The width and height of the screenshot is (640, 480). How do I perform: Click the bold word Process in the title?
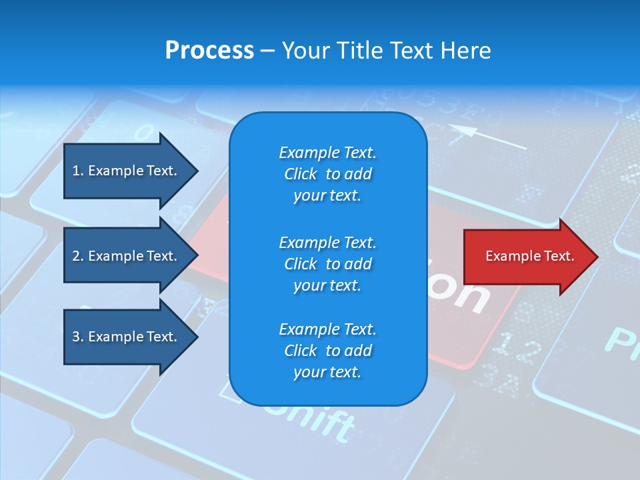[209, 51]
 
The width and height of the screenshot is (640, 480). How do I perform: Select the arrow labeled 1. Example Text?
[127, 171]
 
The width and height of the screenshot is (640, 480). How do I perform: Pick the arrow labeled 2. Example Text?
[127, 256]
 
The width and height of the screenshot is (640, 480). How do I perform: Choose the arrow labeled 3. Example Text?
[127, 337]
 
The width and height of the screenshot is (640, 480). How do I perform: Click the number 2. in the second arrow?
[78, 256]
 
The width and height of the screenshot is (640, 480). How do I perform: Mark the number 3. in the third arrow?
[78, 337]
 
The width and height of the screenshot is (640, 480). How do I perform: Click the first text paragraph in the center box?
[327, 174]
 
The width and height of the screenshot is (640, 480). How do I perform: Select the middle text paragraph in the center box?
[327, 264]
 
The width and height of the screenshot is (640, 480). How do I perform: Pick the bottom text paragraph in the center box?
[327, 351]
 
